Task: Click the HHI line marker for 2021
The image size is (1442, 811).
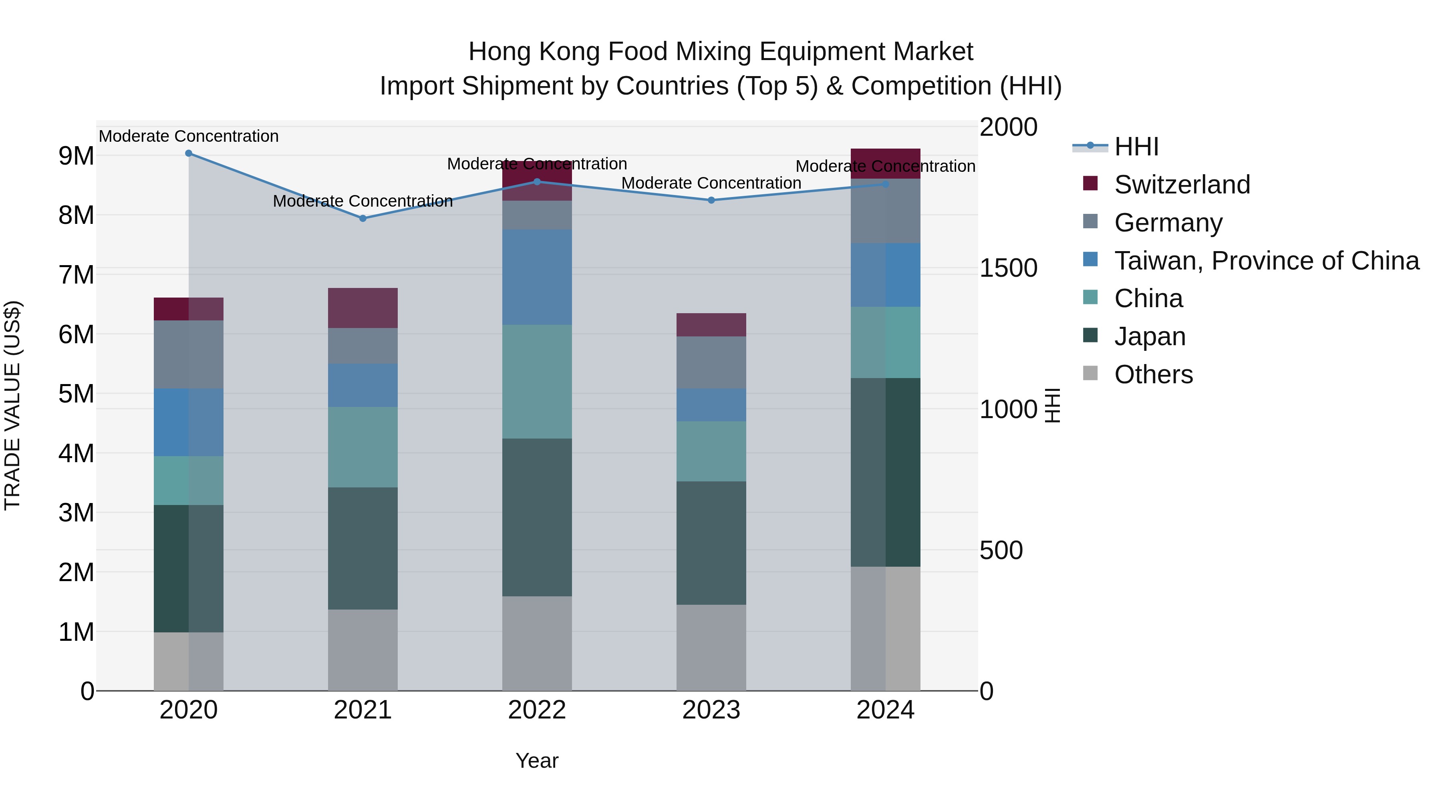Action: [x=363, y=218]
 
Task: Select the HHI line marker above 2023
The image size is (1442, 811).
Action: [x=711, y=200]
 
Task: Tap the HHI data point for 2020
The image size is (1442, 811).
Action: [x=189, y=153]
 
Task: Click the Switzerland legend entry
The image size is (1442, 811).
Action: [x=1182, y=185]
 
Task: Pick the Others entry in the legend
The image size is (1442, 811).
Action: [x=1153, y=374]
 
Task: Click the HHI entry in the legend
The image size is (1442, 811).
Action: [x=1136, y=147]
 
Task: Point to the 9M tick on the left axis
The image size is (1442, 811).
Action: [x=76, y=156]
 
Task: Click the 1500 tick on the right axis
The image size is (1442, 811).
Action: [x=1008, y=268]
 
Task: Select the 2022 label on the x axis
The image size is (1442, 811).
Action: [x=536, y=710]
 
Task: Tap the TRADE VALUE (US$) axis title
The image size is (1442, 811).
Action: [x=12, y=405]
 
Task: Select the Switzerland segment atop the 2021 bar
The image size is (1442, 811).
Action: [x=363, y=308]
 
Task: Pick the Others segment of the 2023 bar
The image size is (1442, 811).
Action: [x=711, y=648]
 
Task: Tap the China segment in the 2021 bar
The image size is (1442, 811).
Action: [x=363, y=447]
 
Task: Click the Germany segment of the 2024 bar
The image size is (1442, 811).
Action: [x=885, y=211]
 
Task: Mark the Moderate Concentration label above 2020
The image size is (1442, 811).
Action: [x=189, y=136]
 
